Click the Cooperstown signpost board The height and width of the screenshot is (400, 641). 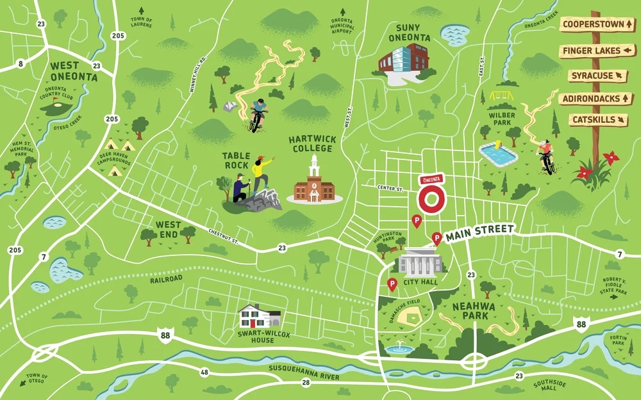pyautogui.click(x=597, y=24)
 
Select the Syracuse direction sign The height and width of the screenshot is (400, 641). pyautogui.click(x=597, y=76)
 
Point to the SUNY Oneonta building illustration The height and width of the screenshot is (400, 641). pyautogui.click(x=402, y=62)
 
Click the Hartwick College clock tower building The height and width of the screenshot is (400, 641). pyautogui.click(x=314, y=182)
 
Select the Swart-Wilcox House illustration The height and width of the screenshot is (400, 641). pyautogui.click(x=260, y=316)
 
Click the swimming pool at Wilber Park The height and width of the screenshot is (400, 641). pyautogui.click(x=498, y=154)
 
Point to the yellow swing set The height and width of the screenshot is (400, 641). pyautogui.click(x=503, y=95)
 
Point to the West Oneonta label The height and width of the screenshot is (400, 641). pyautogui.click(x=74, y=71)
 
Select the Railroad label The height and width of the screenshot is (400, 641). pyautogui.click(x=166, y=278)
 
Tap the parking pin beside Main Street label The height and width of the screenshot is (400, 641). pyautogui.click(x=437, y=238)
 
